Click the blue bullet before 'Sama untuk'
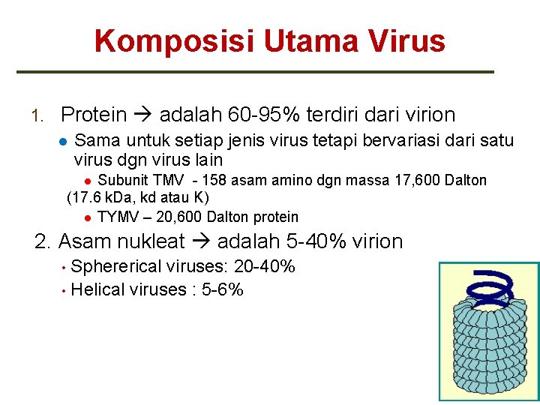pos(64,140)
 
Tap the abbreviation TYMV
pos(118,217)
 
